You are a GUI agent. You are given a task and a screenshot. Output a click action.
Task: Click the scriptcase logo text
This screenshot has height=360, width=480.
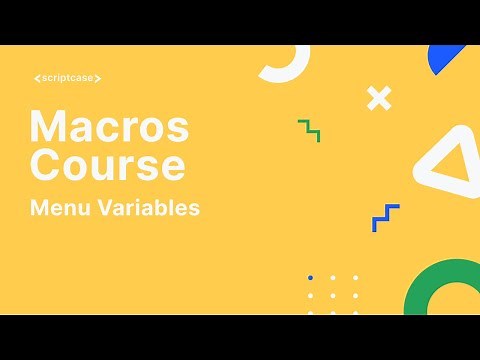pyautogui.click(x=67, y=78)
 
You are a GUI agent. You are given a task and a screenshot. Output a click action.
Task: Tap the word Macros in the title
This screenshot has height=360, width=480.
pyautogui.click(x=109, y=127)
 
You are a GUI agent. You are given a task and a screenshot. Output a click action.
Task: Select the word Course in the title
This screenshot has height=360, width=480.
pyautogui.click(x=107, y=163)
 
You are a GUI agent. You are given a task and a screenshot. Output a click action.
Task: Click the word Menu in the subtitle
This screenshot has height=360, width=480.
pyautogui.click(x=58, y=209)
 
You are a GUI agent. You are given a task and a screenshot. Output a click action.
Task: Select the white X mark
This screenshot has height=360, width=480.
pyautogui.click(x=378, y=98)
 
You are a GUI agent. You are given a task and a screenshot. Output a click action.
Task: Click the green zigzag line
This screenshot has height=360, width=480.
pyautogui.click(x=309, y=130)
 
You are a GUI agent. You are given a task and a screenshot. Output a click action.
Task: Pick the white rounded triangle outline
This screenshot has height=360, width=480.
pyautogui.click(x=447, y=161)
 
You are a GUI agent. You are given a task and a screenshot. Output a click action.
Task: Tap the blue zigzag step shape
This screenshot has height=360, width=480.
pyautogui.click(x=385, y=217)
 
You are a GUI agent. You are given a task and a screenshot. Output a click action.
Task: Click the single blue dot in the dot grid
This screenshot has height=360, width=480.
pyautogui.click(x=311, y=277)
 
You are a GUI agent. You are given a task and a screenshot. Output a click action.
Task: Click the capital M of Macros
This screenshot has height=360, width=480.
pyautogui.click(x=48, y=127)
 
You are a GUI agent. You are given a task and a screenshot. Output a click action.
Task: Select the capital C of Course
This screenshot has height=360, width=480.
pyautogui.click(x=46, y=163)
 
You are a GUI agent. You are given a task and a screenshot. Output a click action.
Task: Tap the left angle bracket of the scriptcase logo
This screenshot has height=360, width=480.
pyautogui.click(x=36, y=78)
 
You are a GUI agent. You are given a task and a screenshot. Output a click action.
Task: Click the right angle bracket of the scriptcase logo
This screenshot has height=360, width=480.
pyautogui.click(x=98, y=78)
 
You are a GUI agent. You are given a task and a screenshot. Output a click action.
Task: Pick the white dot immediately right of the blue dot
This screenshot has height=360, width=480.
pyautogui.click(x=333, y=277)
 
